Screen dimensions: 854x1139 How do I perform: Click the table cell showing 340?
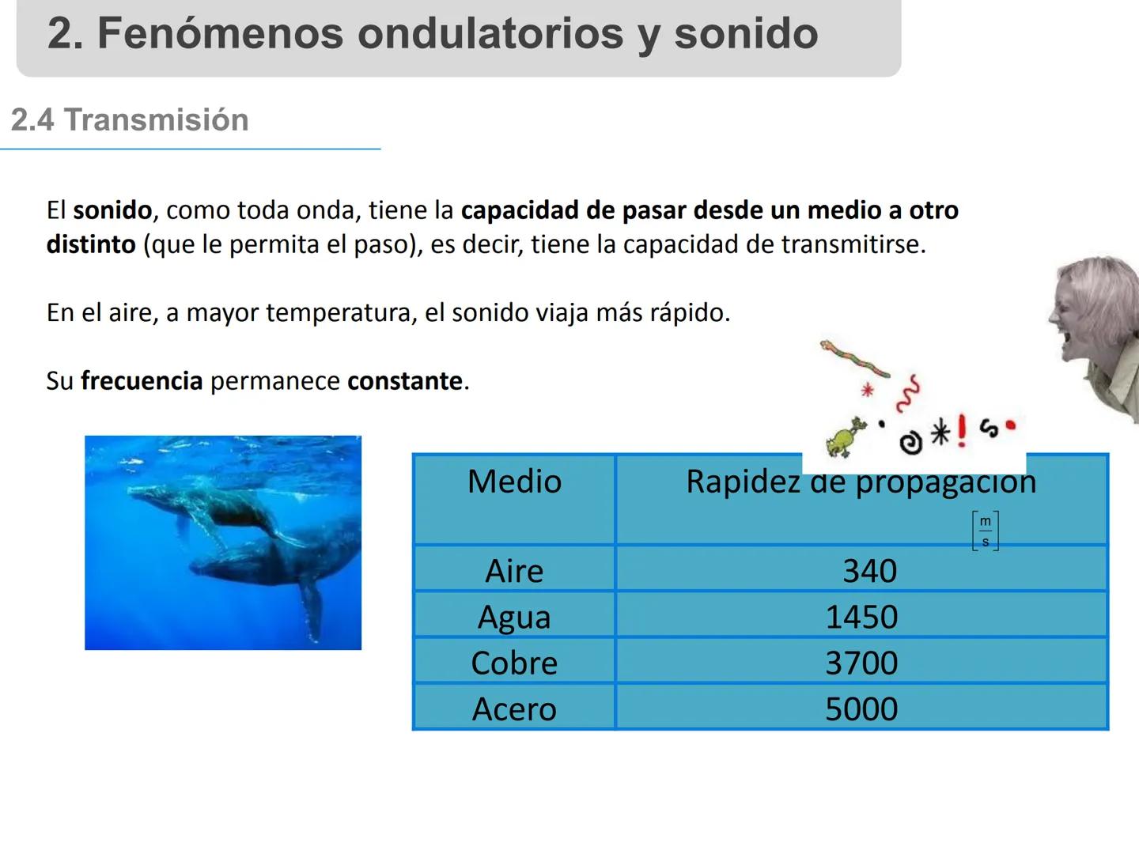coord(869,571)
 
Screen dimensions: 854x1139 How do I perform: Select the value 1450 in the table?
coord(861,617)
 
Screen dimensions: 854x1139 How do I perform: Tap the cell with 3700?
coord(861,663)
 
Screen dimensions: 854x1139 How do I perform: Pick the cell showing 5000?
coord(861,709)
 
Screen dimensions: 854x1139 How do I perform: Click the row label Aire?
coord(514,571)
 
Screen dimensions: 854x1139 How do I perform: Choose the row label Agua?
coord(514,617)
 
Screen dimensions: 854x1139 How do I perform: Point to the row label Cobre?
coord(514,663)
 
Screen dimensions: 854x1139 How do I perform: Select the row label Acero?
coord(514,709)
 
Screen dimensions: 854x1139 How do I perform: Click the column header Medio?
coord(514,482)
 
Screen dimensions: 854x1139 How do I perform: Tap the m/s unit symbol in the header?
coord(985,531)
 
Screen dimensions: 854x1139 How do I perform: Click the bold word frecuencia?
coord(142,381)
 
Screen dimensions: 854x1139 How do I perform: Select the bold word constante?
coord(405,381)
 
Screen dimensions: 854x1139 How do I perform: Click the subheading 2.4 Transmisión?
coord(130,120)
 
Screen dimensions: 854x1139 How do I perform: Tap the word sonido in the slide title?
coord(746,33)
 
